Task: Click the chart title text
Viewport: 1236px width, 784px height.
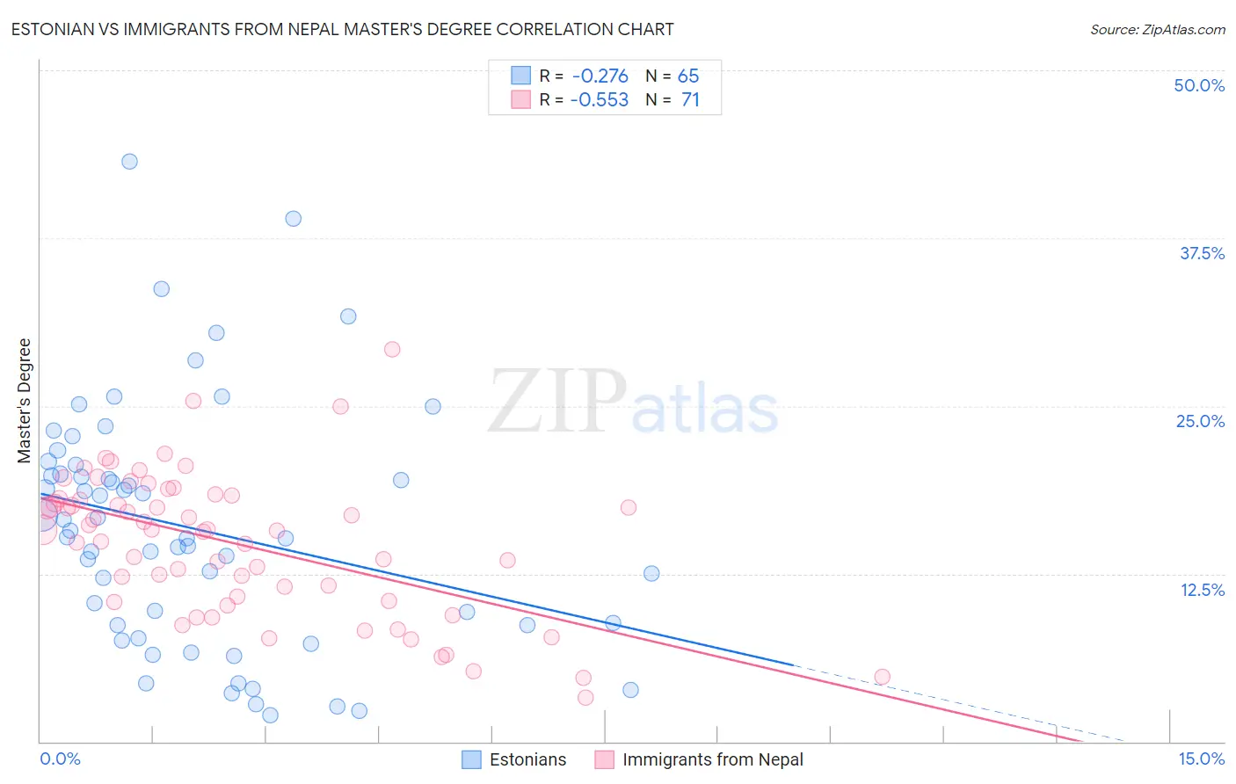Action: (x=342, y=29)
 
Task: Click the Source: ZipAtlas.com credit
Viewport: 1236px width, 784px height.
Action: (x=1157, y=29)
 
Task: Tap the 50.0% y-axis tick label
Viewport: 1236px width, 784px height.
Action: (x=1199, y=85)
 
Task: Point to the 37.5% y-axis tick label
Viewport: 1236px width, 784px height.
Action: (x=1202, y=253)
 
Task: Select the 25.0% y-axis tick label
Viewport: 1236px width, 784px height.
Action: (x=1200, y=421)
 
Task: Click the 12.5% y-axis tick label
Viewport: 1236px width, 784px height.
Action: (x=1202, y=590)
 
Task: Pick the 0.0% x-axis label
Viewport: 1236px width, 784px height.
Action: (x=60, y=759)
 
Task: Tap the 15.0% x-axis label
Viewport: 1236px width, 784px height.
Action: (x=1201, y=759)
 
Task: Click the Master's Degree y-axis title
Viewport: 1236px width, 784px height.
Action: (x=24, y=400)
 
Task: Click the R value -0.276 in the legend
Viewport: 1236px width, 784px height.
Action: (x=600, y=76)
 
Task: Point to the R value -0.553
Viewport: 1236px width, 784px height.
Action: (x=600, y=99)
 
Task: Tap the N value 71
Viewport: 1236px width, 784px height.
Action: (x=690, y=99)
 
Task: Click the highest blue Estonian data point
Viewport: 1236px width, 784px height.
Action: (x=129, y=161)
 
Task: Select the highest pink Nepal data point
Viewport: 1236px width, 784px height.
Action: (x=392, y=349)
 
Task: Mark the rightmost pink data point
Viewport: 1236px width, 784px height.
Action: (x=882, y=677)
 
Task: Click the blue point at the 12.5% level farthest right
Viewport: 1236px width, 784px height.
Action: (x=651, y=573)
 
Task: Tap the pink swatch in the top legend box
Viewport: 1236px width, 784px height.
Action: (x=520, y=99)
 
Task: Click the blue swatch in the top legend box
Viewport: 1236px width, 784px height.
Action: (x=520, y=76)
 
